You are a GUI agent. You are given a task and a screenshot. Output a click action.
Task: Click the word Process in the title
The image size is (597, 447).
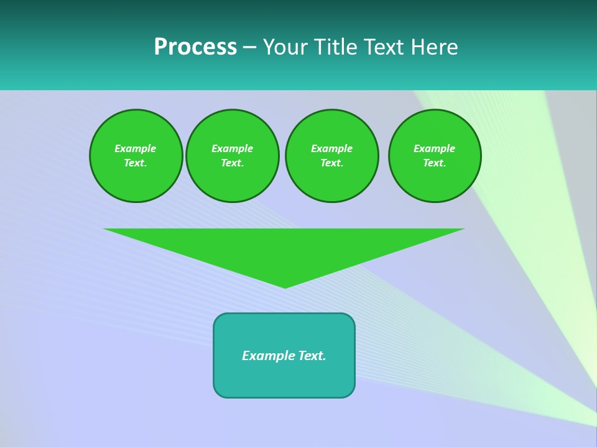click(195, 47)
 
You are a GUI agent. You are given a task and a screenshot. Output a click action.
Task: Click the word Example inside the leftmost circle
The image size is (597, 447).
click(136, 148)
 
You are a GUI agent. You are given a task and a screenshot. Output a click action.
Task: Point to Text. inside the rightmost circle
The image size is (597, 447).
click(435, 163)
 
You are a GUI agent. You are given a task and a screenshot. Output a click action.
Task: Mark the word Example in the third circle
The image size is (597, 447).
click(332, 148)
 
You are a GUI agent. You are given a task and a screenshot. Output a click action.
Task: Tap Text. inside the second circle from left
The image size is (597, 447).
click(233, 163)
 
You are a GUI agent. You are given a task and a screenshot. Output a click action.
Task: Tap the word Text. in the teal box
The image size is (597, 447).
click(312, 356)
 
